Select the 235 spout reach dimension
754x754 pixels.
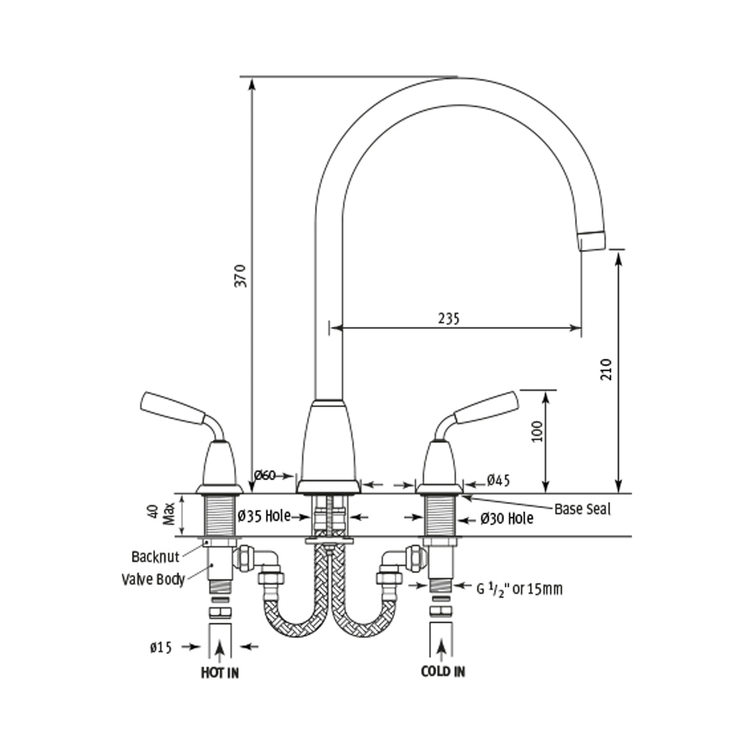click(x=449, y=318)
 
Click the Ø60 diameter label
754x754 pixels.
click(x=265, y=475)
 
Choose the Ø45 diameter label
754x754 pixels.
click(x=498, y=481)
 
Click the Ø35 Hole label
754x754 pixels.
click(x=265, y=516)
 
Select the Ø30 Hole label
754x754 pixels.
click(x=507, y=518)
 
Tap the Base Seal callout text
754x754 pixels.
click(x=582, y=509)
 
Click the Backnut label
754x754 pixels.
click(x=155, y=556)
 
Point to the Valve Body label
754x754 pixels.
click(x=153, y=578)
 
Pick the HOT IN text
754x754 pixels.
click(x=220, y=673)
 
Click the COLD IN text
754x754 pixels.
click(x=443, y=672)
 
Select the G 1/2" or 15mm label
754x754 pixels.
click(x=519, y=589)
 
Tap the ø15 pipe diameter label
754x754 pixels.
click(x=161, y=647)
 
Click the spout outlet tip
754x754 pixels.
click(x=592, y=240)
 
